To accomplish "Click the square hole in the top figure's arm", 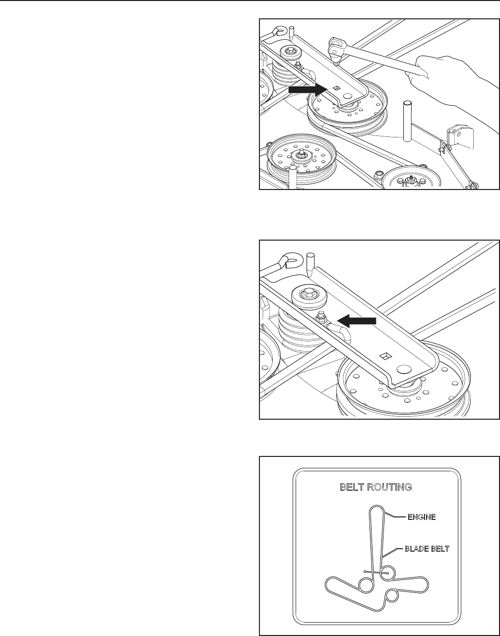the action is point(337,87).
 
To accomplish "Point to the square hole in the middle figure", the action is point(384,355).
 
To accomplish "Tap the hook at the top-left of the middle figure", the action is point(285,260).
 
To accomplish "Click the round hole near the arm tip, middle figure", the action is point(404,370).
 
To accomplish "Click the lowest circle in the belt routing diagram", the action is point(391,595).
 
